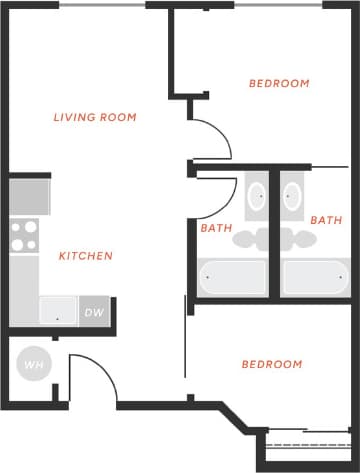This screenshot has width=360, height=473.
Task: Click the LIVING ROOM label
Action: point(95,118)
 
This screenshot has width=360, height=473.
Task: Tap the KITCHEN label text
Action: point(86,256)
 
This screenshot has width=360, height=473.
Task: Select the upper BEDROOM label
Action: point(279,84)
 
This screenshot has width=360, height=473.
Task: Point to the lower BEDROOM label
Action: point(272,364)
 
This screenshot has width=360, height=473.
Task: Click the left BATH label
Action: point(216,228)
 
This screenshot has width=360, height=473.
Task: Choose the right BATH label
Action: point(326,220)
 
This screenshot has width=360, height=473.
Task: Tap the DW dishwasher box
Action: point(94,312)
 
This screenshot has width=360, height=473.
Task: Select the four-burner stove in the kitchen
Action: point(24,235)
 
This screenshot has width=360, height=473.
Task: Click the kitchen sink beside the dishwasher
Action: point(58,311)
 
